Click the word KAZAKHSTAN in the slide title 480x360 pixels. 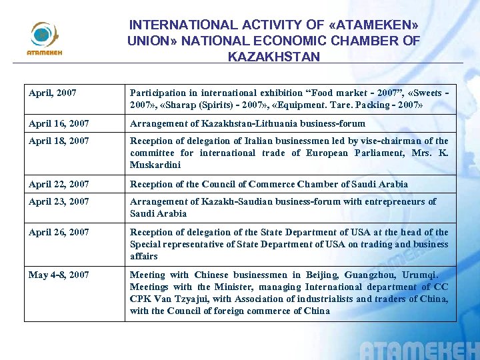tap(274, 57)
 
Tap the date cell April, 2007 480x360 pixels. tap(53, 93)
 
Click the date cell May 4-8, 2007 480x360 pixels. tap(59, 275)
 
